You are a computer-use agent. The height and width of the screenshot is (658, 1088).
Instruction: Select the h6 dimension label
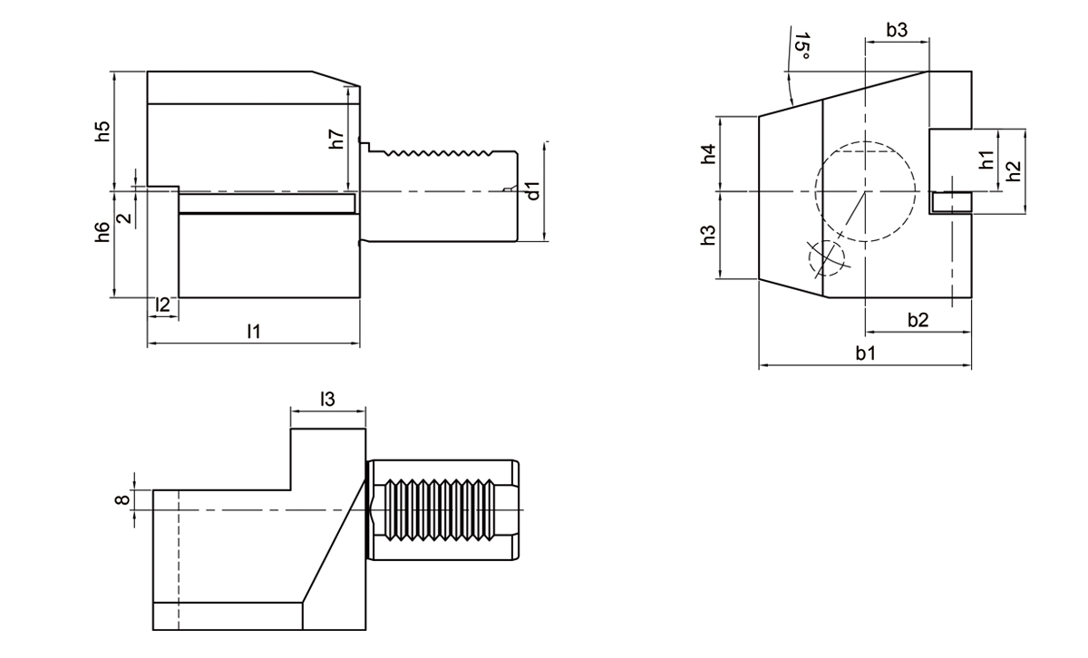[103, 232]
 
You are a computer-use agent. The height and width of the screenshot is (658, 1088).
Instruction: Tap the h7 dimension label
[336, 139]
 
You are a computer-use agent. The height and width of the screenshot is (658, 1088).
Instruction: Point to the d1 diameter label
[534, 190]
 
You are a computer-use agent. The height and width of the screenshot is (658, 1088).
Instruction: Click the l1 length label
[254, 332]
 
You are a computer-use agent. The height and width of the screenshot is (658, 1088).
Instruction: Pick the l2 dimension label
[162, 305]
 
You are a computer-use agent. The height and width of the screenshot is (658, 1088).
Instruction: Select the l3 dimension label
[328, 398]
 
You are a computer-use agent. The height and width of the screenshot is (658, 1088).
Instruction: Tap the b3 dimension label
[897, 30]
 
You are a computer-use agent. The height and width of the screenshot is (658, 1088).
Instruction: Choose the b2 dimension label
[918, 319]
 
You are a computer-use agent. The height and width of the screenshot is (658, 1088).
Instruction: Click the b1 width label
[865, 353]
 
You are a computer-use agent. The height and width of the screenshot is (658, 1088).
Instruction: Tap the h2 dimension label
[1015, 170]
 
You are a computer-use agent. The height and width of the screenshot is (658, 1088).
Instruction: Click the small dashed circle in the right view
[825, 257]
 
